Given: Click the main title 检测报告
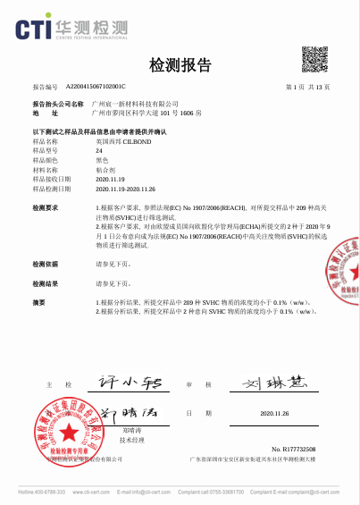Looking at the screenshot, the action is (x=180, y=65).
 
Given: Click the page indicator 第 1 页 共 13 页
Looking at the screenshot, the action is (x=307, y=87).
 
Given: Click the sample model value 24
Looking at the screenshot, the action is (x=98, y=150).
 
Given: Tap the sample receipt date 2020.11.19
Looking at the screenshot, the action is (x=110, y=179).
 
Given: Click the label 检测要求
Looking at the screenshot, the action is (x=45, y=207).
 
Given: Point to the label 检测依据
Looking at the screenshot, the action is (x=45, y=265).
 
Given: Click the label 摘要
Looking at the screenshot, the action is (x=38, y=302).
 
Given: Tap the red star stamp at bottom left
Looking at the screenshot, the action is (x=61, y=432).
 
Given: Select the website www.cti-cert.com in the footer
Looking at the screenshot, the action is (x=90, y=492).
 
